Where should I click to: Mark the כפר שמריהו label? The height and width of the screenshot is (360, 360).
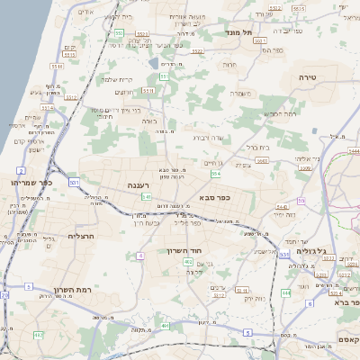(31, 183)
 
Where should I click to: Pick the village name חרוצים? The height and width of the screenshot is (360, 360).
(123, 92)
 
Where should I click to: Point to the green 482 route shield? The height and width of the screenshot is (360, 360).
(38, 335)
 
